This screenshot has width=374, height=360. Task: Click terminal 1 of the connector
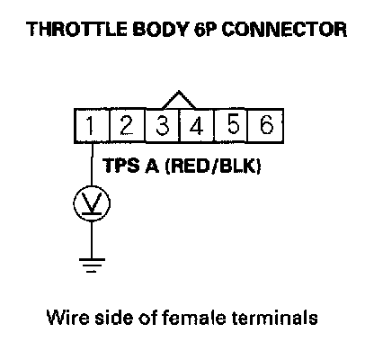coord(92,126)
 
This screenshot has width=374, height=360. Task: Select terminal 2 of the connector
coord(128,126)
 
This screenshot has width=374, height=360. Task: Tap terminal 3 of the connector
coord(163,126)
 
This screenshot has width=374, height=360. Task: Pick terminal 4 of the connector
coord(197,126)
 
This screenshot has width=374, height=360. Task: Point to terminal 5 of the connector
coord(231,126)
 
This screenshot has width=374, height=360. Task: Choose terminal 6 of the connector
coord(266,126)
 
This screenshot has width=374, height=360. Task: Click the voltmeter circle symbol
coord(92,203)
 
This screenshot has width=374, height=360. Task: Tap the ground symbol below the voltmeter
coord(92,265)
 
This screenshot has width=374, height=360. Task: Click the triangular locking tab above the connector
coord(179,100)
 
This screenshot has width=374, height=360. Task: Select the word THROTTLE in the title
coord(76,29)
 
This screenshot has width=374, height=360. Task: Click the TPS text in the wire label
coord(121,166)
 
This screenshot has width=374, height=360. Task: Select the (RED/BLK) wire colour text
coord(213,166)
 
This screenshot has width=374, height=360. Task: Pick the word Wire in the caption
coord(68,317)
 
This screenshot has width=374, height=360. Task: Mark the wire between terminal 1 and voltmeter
coord(92,165)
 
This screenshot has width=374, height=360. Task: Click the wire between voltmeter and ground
coord(92,240)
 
